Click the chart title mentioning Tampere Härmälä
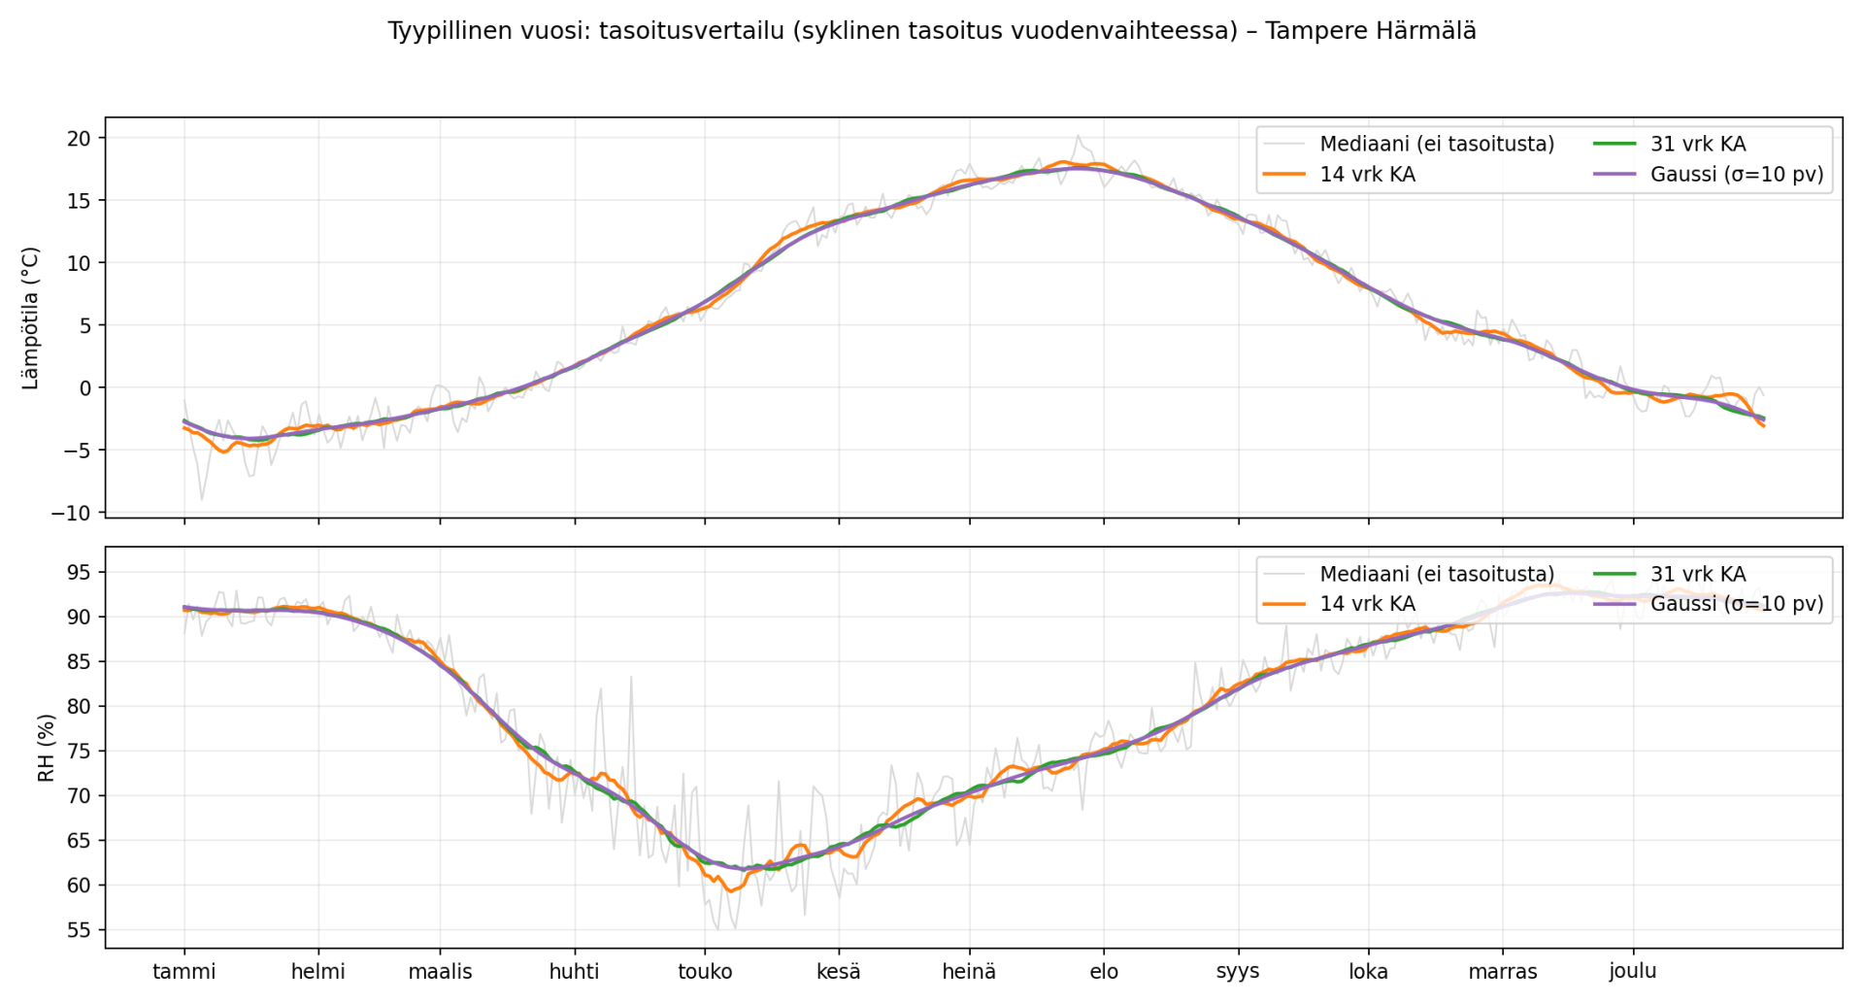click(x=931, y=31)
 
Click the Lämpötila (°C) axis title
click(x=31, y=318)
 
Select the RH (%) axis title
click(x=46, y=748)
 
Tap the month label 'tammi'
click(x=184, y=972)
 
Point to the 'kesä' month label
click(x=838, y=972)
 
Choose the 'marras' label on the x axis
click(x=1502, y=972)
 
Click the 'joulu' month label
click(x=1632, y=972)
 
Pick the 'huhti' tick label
click(x=574, y=972)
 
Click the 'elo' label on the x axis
click(x=1104, y=972)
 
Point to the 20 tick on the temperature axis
click(x=79, y=139)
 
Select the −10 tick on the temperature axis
click(x=71, y=513)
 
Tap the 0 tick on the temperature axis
click(x=84, y=388)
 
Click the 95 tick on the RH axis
click(x=79, y=573)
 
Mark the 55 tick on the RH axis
click(x=79, y=930)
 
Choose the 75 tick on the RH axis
click(x=79, y=752)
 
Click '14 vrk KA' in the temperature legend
click(x=1367, y=175)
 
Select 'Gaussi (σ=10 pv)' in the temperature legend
click(x=1736, y=175)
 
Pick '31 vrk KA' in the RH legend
click(x=1697, y=575)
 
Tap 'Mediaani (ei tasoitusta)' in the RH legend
click(x=1436, y=575)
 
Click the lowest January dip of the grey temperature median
click(x=202, y=499)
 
